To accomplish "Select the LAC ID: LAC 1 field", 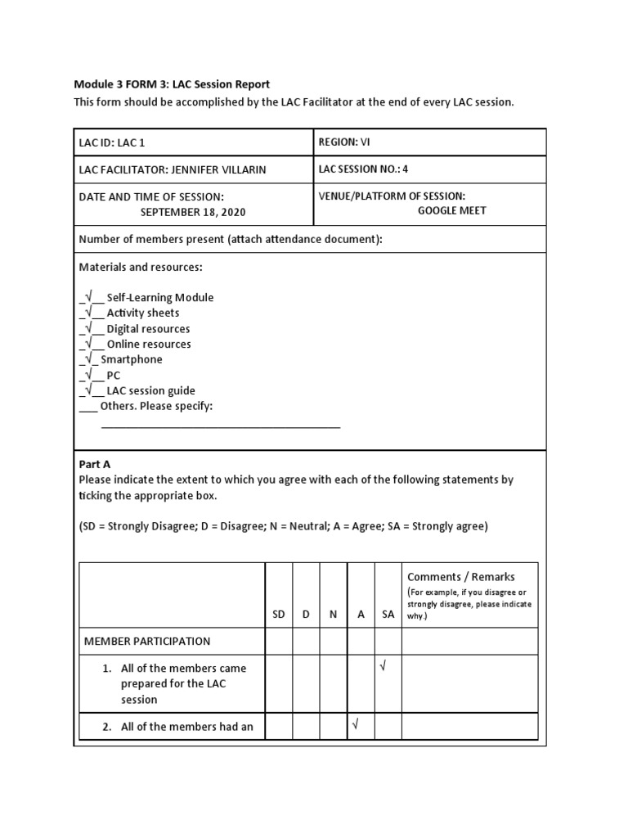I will (x=112, y=142).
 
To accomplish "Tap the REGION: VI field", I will (x=344, y=142).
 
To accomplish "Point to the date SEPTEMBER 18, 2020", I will (x=193, y=212).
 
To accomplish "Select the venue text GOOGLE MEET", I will (x=452, y=210).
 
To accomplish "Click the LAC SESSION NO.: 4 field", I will (x=364, y=169).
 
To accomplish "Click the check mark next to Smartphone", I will (x=87, y=360).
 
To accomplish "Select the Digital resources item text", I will (x=148, y=329).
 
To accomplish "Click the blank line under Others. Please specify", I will (x=221, y=426).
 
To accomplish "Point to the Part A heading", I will (x=94, y=464).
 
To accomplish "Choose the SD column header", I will (x=279, y=614).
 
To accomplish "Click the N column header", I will (x=333, y=614).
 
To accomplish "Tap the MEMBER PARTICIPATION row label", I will (x=147, y=642).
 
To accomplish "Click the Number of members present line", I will (x=231, y=240).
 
